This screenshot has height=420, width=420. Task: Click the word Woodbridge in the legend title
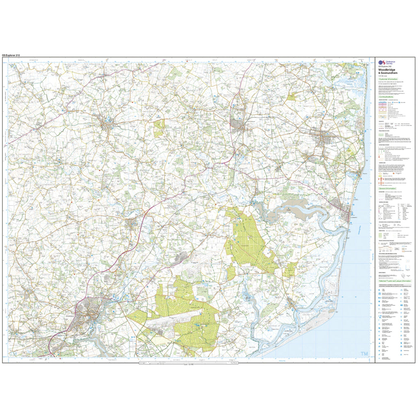[x=387, y=69]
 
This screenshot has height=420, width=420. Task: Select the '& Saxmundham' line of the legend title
[x=388, y=73]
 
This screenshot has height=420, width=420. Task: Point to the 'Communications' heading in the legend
[x=388, y=97]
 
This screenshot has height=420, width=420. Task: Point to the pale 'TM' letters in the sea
[x=364, y=354]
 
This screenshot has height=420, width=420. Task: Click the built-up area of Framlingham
[x=107, y=123]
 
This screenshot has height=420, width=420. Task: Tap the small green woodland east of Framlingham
[x=159, y=128]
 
